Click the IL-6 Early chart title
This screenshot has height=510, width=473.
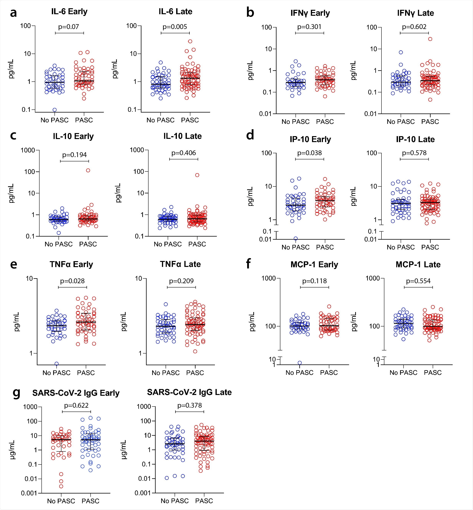pyautogui.click(x=69, y=12)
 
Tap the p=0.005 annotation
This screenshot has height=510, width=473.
pyautogui.click(x=175, y=27)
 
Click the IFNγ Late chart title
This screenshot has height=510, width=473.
pyautogui.click(x=415, y=13)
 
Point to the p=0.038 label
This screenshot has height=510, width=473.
pyautogui.click(x=310, y=153)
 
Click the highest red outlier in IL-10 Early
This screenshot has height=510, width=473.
pyautogui.click(x=88, y=170)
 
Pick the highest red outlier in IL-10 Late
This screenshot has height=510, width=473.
pyautogui.click(x=197, y=175)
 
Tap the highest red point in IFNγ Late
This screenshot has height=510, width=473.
pyautogui.click(x=430, y=39)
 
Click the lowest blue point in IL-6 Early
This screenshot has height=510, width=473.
pyautogui.click(x=54, y=110)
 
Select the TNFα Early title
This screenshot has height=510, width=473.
pyautogui.click(x=71, y=264)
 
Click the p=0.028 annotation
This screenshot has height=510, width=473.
pyautogui.click(x=72, y=281)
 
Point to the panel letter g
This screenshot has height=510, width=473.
pyautogui.click(x=16, y=393)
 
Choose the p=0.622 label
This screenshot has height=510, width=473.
pyautogui.click(x=76, y=406)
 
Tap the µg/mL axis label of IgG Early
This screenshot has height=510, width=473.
pyautogui.click(x=12, y=450)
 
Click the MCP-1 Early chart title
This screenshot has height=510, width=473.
pyautogui.click(x=314, y=264)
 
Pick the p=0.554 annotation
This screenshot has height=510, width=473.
pyautogui.click(x=418, y=281)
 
